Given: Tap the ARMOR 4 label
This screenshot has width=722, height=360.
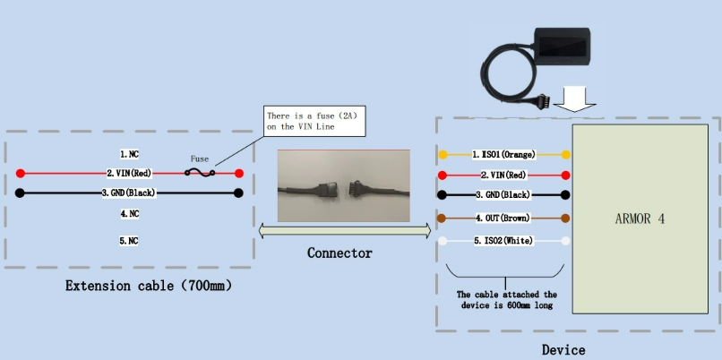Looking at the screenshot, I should click(x=640, y=219).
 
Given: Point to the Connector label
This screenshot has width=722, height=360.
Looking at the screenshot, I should click(x=340, y=253).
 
